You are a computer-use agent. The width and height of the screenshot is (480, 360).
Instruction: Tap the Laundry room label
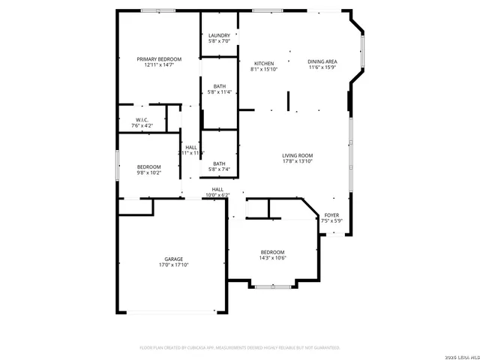point(219,35)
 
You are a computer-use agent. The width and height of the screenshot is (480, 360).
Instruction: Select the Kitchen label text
point(264,63)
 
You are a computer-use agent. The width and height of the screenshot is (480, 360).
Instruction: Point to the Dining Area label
point(322,61)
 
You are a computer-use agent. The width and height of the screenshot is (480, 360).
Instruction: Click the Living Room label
point(297,154)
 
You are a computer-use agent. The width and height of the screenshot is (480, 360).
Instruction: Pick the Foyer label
point(331,215)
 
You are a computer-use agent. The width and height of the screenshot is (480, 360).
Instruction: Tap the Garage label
point(174,259)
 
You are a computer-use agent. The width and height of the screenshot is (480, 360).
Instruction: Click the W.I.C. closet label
point(142,120)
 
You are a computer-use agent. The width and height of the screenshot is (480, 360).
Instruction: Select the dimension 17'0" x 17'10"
point(174,265)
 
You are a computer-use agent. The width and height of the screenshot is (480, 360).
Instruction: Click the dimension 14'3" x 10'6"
point(272,258)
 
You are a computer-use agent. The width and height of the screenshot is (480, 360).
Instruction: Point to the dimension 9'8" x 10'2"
point(148,172)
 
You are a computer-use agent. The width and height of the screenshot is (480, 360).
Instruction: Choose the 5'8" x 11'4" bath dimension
point(219,92)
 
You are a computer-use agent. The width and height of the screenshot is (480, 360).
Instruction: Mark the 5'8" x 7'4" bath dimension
point(219,170)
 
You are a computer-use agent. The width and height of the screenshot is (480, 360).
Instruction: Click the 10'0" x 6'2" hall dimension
point(217,195)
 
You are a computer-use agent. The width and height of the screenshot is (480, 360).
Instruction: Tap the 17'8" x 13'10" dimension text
point(297,161)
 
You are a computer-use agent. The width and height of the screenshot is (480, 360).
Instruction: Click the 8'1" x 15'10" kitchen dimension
point(264,69)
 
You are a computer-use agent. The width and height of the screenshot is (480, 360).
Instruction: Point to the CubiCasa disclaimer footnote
point(240,347)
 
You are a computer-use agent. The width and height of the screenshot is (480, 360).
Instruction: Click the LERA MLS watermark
point(459,354)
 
